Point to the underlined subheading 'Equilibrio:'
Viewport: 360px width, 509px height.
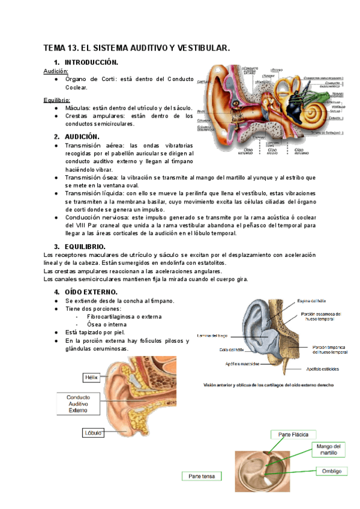point(58,100)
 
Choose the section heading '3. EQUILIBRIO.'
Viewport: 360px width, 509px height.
point(83,247)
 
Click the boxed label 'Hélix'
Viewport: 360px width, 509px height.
point(91,378)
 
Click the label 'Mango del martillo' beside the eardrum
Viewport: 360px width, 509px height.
point(328,450)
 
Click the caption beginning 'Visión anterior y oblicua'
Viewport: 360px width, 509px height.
point(268,385)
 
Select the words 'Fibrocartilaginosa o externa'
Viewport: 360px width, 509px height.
point(124,316)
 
